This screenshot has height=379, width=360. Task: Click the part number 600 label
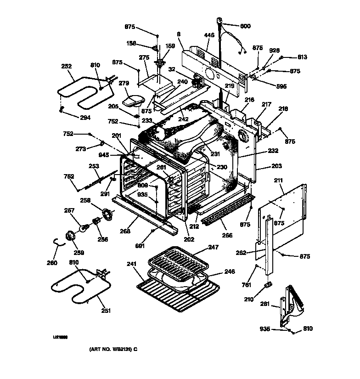point(246,26)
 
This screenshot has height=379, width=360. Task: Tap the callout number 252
point(67,66)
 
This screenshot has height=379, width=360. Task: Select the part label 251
point(106,311)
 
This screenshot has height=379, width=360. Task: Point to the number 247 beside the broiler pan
point(214,247)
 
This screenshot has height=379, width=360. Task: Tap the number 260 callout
point(52,263)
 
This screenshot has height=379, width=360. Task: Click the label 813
point(302,57)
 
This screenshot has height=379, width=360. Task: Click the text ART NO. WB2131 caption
point(113,349)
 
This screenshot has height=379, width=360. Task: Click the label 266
point(227,235)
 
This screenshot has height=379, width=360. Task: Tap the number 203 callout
point(276,166)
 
